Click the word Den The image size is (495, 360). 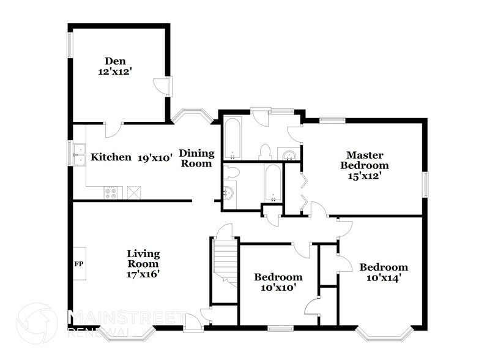point(114,61)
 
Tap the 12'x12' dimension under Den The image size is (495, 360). point(114,71)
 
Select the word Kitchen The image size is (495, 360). point(111,157)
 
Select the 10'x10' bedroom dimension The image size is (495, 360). point(278,287)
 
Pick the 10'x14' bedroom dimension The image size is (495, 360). point(384,277)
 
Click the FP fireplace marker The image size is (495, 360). point(79,264)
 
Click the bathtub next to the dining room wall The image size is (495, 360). point(232,139)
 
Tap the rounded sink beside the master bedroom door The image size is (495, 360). point(287,154)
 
